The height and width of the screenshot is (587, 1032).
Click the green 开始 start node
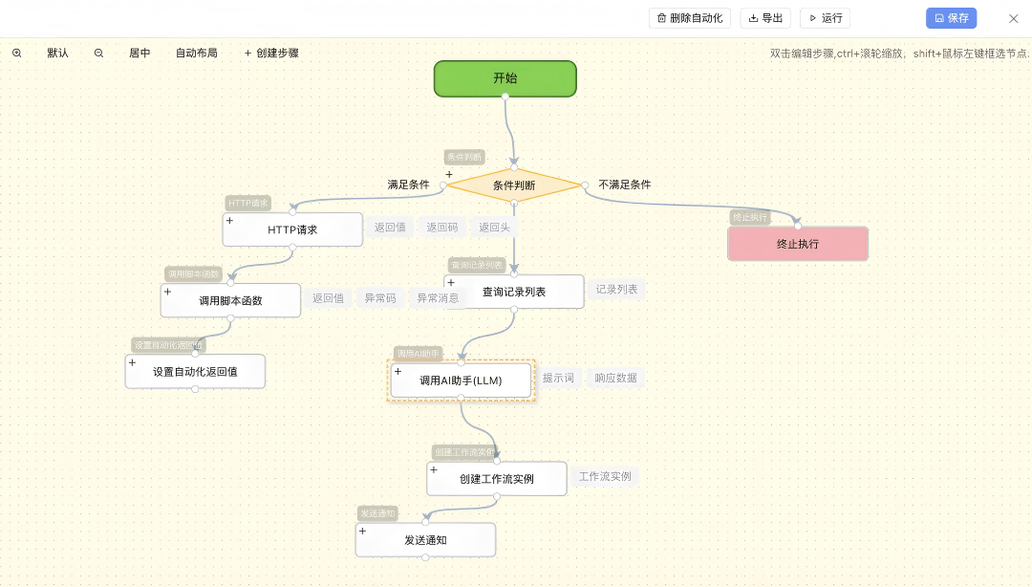[x=505, y=78]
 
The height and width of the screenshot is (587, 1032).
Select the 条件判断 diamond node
[x=514, y=185]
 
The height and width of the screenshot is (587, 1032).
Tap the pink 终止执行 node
[x=798, y=244]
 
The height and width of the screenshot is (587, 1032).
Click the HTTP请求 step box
[x=292, y=229]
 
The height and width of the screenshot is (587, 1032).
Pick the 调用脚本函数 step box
[x=230, y=300]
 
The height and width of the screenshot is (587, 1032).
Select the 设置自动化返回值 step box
[x=195, y=372]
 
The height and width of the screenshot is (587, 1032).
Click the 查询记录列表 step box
[x=514, y=292]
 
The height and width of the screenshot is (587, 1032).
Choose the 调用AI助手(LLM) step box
[x=461, y=380]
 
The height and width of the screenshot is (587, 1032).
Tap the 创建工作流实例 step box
[x=497, y=479]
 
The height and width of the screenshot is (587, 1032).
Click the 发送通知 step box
[x=425, y=540]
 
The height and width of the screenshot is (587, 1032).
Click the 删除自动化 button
[x=690, y=18]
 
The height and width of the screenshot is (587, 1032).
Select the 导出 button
[x=765, y=18]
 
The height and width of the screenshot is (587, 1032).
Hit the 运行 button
[x=825, y=18]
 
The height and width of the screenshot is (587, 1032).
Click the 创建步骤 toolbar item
[x=271, y=54]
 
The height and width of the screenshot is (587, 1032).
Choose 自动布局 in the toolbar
[x=197, y=54]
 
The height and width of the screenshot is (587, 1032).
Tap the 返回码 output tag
[x=442, y=228]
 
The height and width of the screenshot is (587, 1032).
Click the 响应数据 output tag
[x=615, y=378]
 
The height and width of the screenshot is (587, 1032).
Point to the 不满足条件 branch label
[x=625, y=185]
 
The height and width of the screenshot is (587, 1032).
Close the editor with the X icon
[x=1014, y=18]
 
